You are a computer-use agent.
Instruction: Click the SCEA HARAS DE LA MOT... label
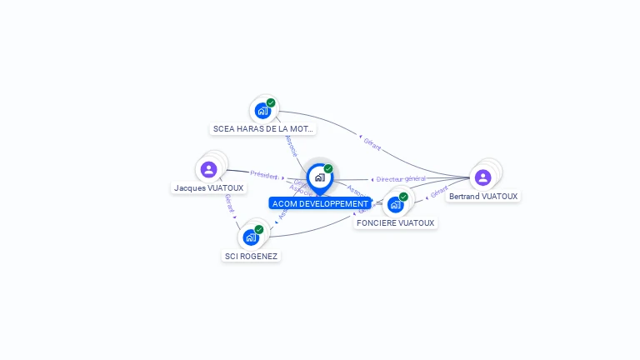[263, 129]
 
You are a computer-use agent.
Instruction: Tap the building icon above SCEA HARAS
[263, 110]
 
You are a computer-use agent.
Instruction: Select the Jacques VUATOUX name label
[208, 188]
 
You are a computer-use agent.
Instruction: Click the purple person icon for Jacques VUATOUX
[208, 170]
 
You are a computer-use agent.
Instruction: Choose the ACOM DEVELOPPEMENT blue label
[320, 203]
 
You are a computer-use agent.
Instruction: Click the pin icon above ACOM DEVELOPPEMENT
[319, 177]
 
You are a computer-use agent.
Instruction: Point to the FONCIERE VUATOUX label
[395, 223]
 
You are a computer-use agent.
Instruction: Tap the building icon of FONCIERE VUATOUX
[395, 204]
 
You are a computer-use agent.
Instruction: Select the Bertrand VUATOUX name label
[482, 197]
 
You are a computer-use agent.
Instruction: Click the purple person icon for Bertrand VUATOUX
[482, 177]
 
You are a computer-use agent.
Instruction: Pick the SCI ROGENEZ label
[251, 256]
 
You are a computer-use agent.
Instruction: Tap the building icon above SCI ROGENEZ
[251, 237]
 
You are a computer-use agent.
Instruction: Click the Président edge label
[263, 175]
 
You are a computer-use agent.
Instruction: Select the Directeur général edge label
[401, 179]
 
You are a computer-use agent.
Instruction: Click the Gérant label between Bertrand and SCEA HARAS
[372, 144]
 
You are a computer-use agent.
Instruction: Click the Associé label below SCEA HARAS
[291, 147]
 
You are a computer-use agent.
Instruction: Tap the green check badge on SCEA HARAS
[271, 102]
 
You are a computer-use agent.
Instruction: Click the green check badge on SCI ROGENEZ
[259, 229]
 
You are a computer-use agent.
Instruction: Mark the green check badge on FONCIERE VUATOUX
[403, 197]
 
